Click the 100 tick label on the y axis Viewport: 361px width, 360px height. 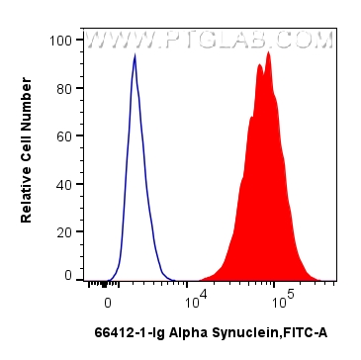point(61,41)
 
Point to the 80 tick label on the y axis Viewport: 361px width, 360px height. point(64,88)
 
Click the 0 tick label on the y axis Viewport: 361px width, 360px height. point(68,277)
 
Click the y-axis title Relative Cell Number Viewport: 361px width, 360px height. point(28,158)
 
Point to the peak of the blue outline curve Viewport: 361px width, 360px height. point(135,55)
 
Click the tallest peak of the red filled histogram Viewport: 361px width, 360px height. point(268,52)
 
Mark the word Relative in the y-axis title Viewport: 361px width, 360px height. point(28,195)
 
